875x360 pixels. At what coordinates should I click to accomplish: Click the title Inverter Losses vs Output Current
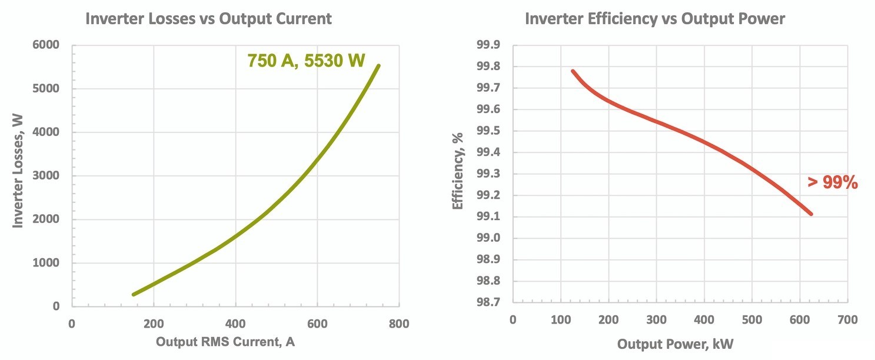208,19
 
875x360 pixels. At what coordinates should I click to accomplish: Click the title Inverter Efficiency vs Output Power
655,19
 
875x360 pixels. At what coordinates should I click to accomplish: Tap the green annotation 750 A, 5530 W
306,61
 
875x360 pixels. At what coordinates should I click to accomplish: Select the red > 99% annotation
833,183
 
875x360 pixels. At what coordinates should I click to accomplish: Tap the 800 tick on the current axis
399,324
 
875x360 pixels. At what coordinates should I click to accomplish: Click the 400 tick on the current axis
235,324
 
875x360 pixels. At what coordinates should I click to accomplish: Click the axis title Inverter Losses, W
19,175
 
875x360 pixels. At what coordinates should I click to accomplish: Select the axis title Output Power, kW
675,344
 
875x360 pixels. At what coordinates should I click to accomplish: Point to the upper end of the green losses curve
378,65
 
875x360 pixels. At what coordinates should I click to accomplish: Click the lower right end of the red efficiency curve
811,214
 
